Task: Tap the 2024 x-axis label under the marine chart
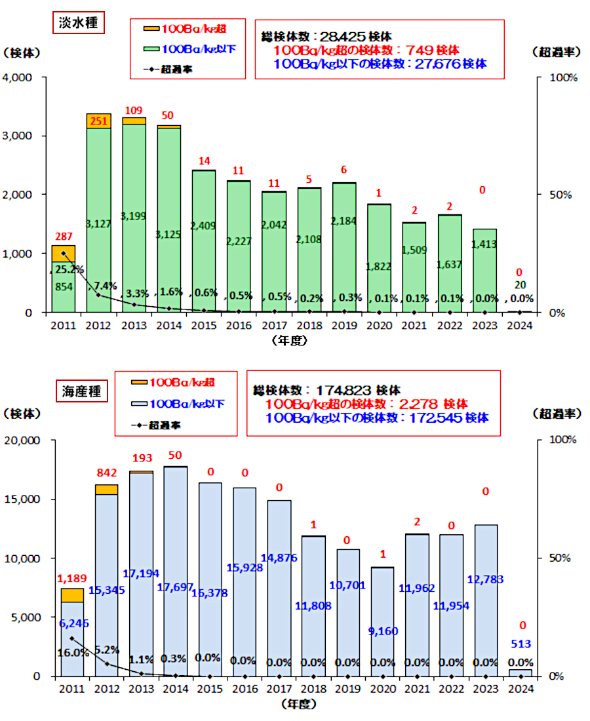point(521,689)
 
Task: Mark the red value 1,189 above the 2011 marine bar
point(71,578)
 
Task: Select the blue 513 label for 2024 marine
point(521,643)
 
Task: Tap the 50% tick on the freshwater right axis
point(560,195)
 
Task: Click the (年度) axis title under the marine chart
point(298,705)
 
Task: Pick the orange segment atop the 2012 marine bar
point(106,489)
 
